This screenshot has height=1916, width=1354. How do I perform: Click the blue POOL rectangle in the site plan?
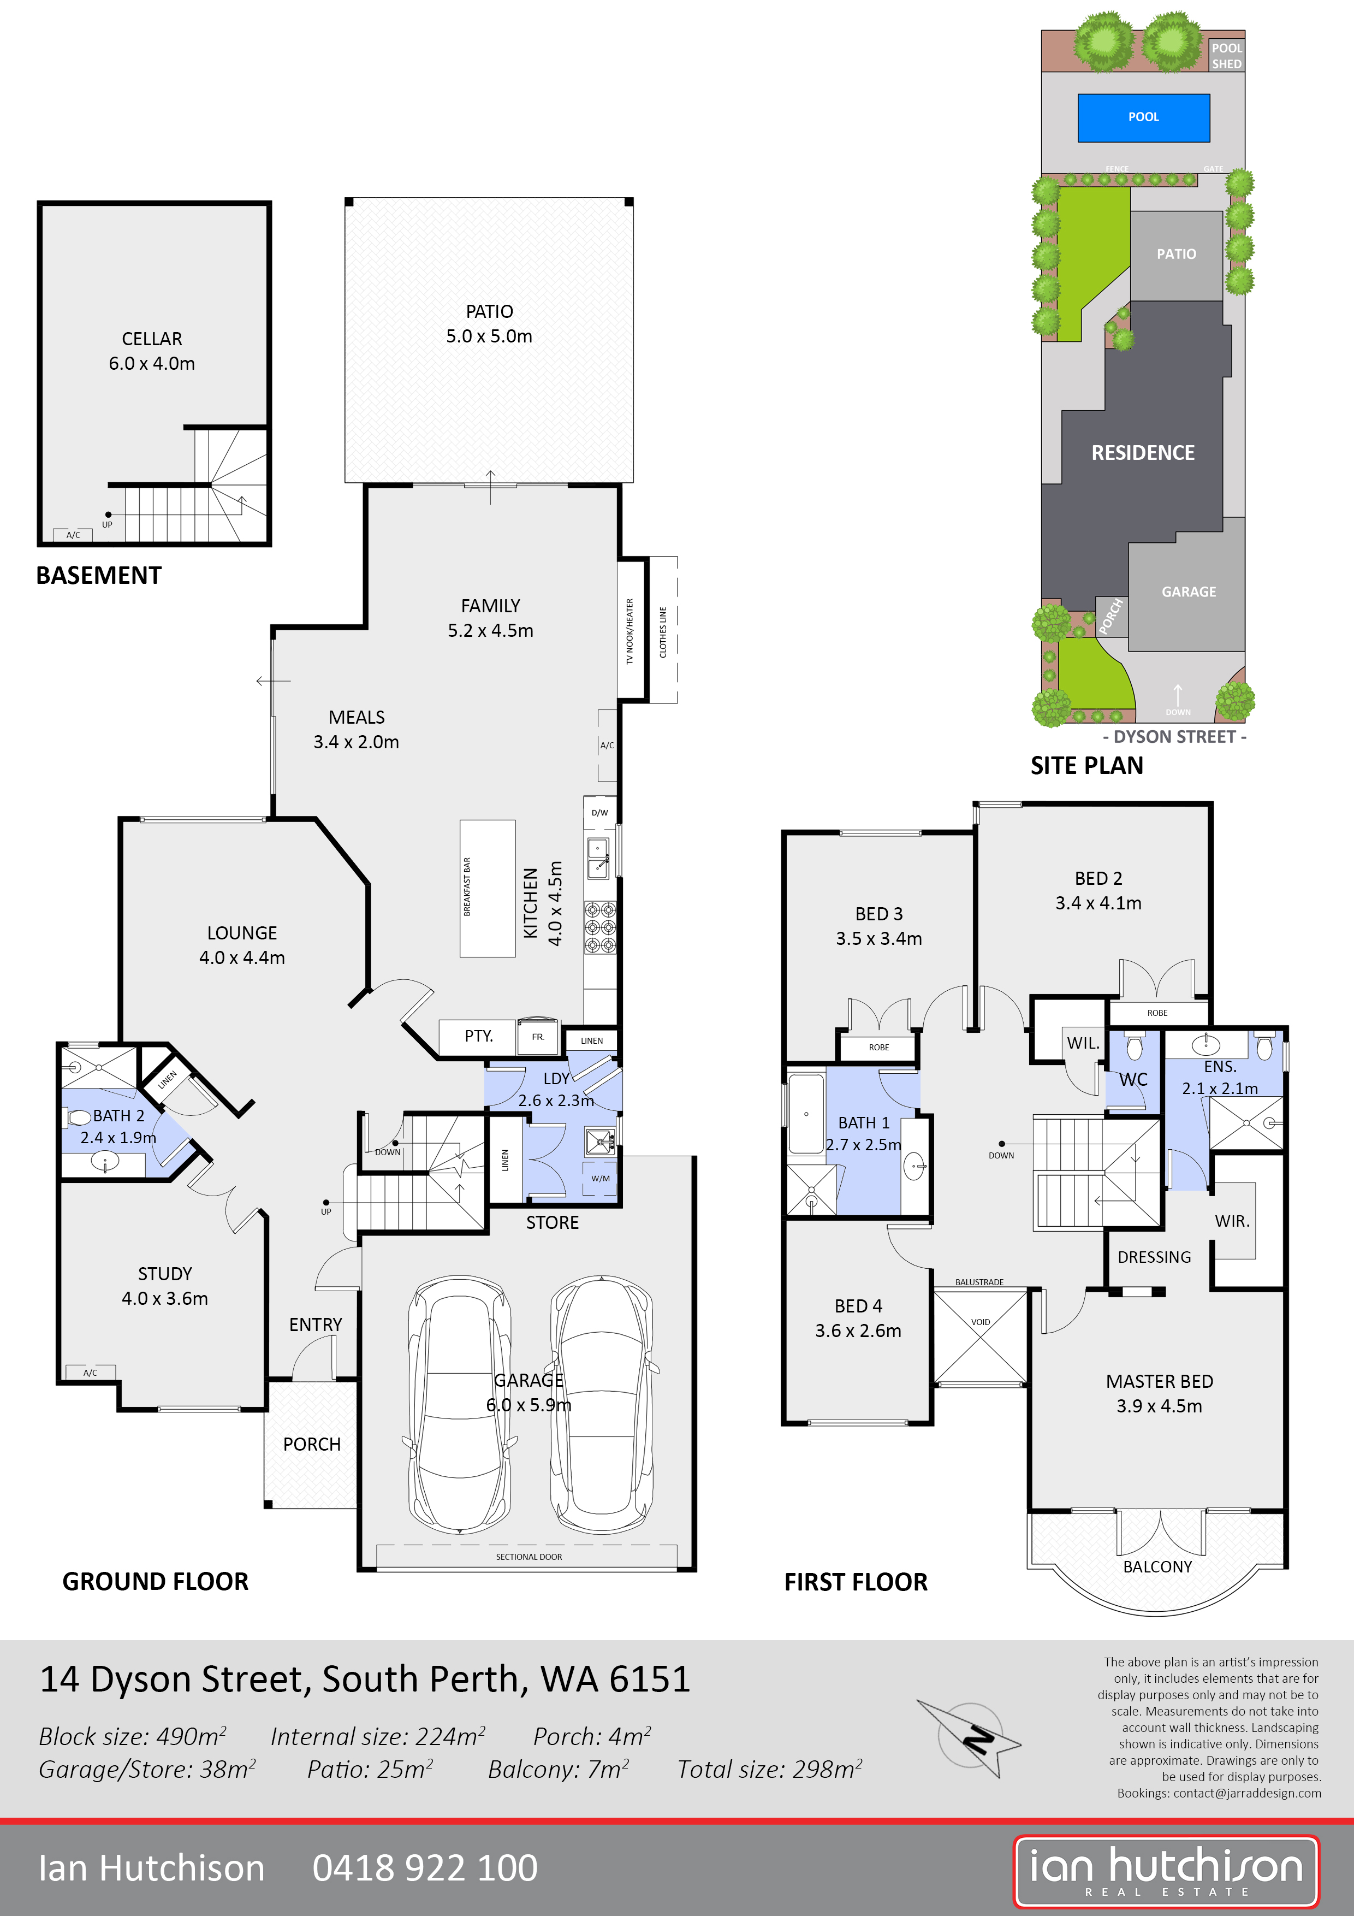pyautogui.click(x=1143, y=117)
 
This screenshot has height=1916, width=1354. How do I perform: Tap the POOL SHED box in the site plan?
pyautogui.click(x=1226, y=55)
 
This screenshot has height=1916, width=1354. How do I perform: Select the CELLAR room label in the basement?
pyautogui.click(x=152, y=339)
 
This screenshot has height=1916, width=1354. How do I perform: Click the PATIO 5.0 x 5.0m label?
pyautogui.click(x=489, y=324)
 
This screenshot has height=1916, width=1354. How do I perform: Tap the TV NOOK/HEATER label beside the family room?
pyautogui.click(x=630, y=632)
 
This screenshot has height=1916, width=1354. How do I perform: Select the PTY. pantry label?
pyautogui.click(x=479, y=1036)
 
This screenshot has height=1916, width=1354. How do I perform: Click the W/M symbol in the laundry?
pyautogui.click(x=601, y=1178)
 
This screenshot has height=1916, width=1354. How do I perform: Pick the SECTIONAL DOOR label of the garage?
pyautogui.click(x=529, y=1556)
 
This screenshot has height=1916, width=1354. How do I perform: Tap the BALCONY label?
pyautogui.click(x=1157, y=1566)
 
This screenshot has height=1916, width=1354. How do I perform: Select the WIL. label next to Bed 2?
pyautogui.click(x=1083, y=1042)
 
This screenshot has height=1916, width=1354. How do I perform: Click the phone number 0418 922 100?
pyautogui.click(x=425, y=1867)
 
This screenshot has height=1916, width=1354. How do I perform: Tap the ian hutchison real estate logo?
pyautogui.click(x=1166, y=1870)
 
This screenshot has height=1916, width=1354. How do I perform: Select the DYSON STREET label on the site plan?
pyautogui.click(x=1174, y=736)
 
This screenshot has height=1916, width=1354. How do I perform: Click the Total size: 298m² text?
pyautogui.click(x=769, y=1769)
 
